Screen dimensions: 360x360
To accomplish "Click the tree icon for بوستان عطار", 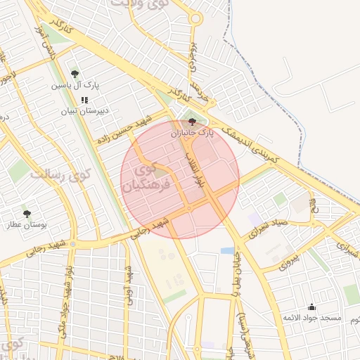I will [x=27, y=213].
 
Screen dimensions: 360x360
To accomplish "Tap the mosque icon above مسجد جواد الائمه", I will [x=312, y=307].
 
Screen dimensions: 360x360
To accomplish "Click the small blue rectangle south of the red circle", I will [x=227, y=250].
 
